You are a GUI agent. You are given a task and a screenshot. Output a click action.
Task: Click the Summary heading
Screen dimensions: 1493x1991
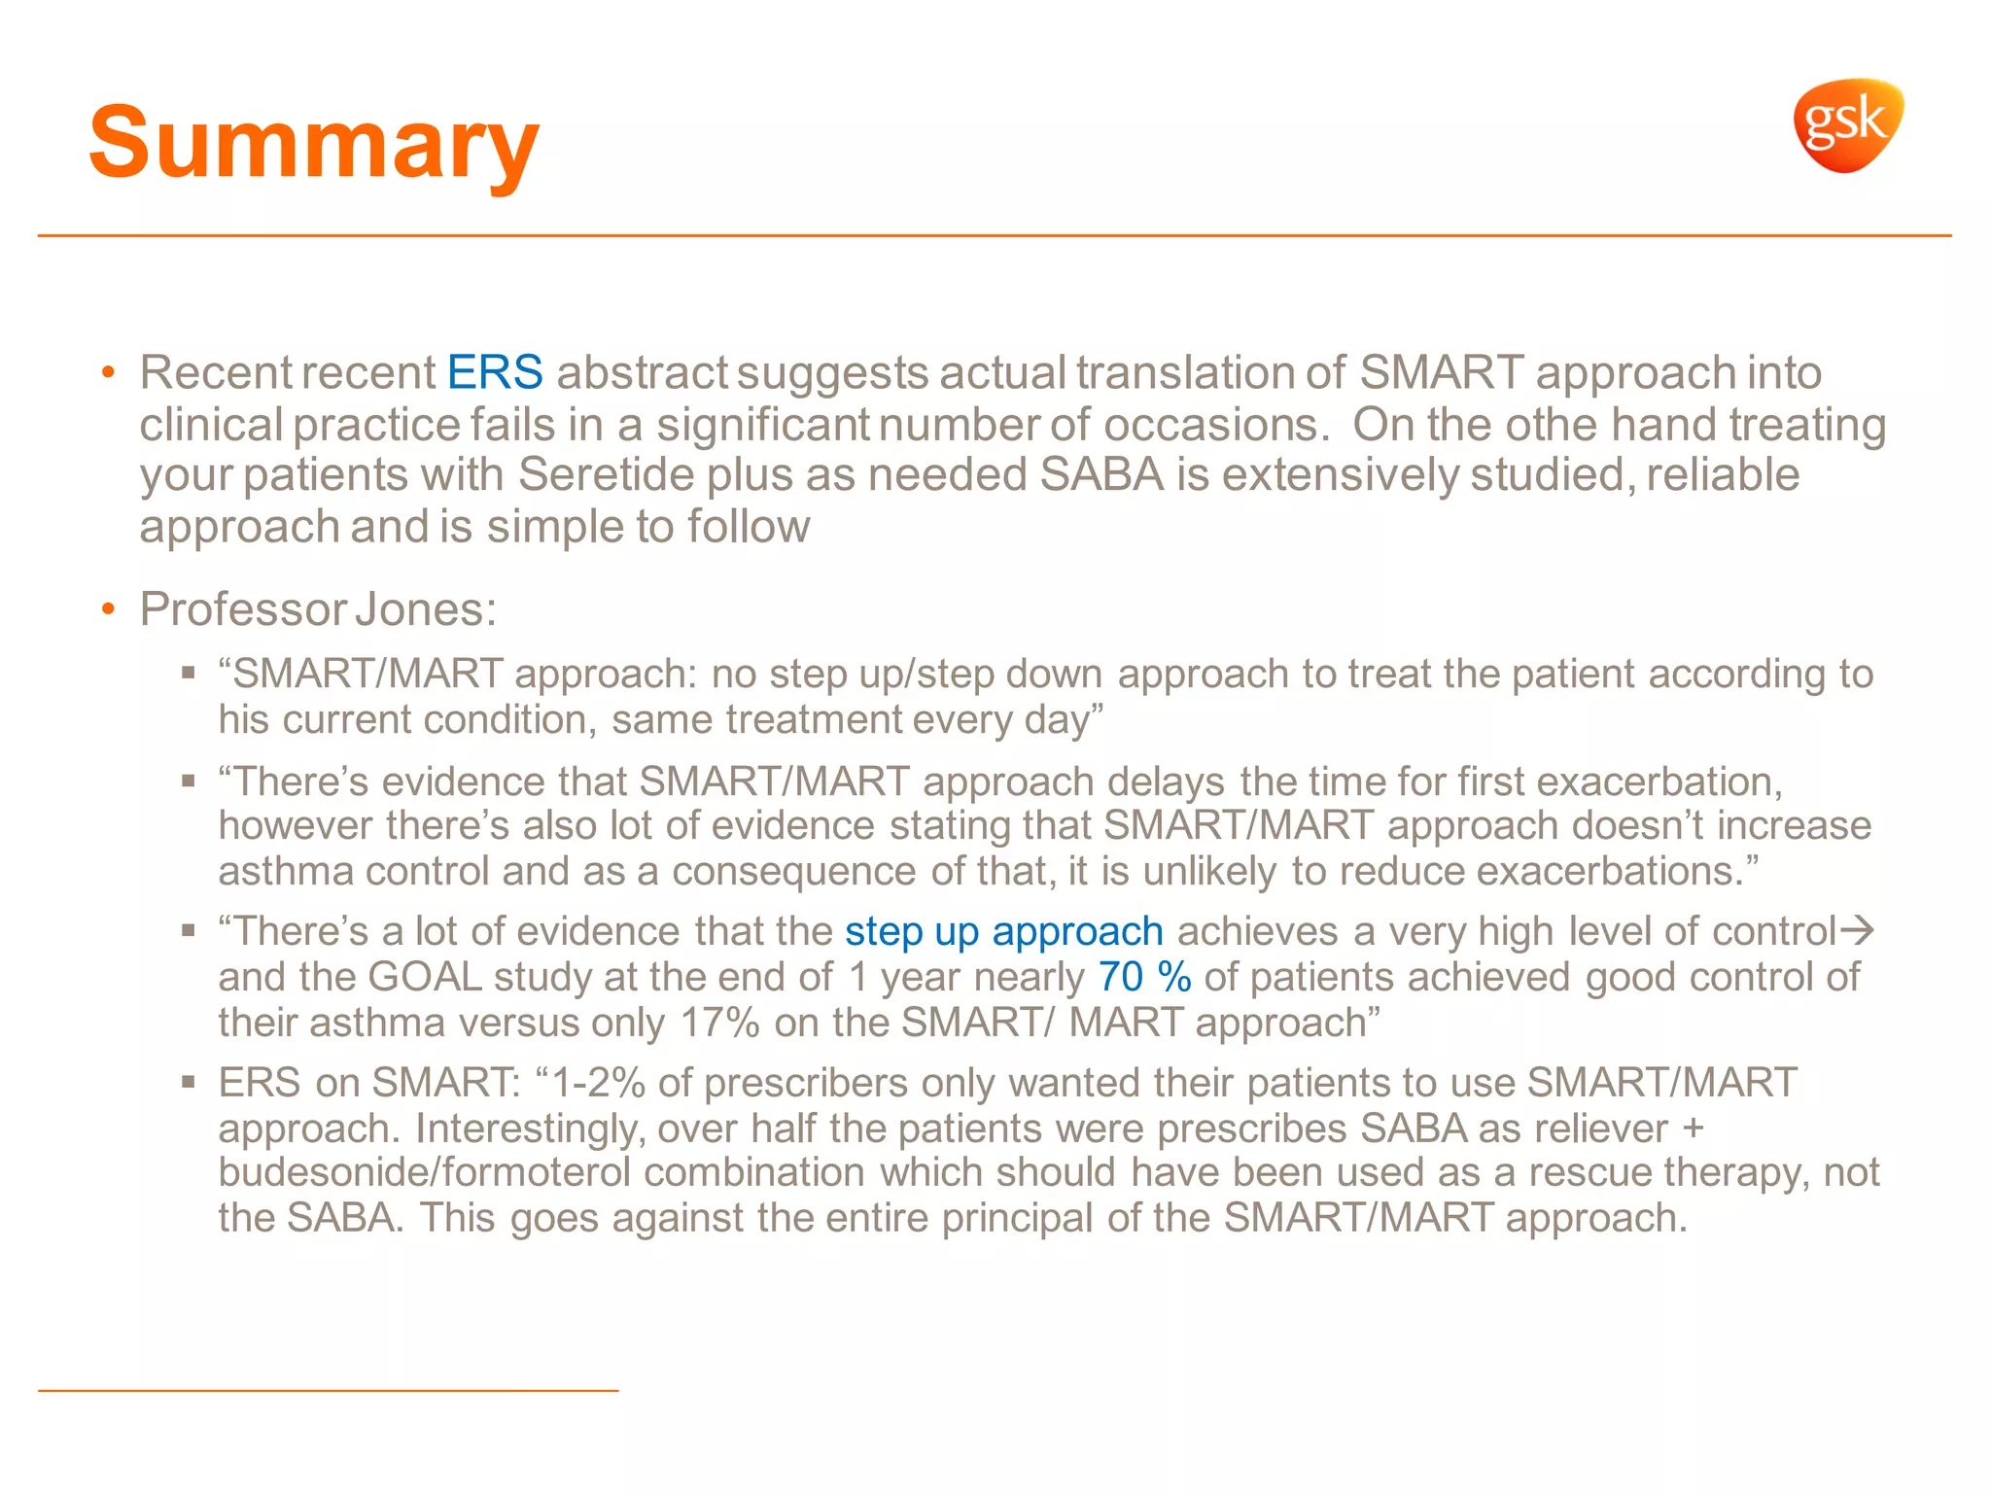click(x=313, y=144)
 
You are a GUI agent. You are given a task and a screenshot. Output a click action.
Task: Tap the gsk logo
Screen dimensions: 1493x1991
click(x=1847, y=126)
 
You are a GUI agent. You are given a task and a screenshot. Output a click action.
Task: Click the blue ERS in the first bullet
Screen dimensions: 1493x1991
click(x=495, y=372)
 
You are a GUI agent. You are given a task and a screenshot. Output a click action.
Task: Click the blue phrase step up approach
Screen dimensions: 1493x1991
click(x=1003, y=931)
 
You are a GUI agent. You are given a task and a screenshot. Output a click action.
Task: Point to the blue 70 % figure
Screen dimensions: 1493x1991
click(x=1144, y=977)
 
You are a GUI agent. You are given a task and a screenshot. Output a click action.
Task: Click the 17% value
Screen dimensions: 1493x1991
click(x=719, y=1023)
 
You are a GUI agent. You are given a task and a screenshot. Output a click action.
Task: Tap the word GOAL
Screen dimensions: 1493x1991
click(x=425, y=977)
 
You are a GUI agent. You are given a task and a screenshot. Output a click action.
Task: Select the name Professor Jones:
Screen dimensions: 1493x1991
click(x=318, y=609)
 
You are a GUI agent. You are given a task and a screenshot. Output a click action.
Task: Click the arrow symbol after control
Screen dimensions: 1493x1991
click(x=1857, y=931)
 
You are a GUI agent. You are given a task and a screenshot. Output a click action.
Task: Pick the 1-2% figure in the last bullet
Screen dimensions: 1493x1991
click(x=599, y=1083)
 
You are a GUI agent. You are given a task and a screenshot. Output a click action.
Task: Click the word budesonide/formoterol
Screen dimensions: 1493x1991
click(x=424, y=1172)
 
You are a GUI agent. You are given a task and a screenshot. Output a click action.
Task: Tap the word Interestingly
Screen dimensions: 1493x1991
click(x=529, y=1128)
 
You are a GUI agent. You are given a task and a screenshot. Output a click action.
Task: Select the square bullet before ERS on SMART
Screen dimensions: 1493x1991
click(x=189, y=1082)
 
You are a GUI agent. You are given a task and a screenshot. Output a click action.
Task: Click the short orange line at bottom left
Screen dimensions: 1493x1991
click(x=328, y=1391)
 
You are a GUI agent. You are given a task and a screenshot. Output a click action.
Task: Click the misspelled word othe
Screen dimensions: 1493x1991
click(x=1552, y=425)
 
